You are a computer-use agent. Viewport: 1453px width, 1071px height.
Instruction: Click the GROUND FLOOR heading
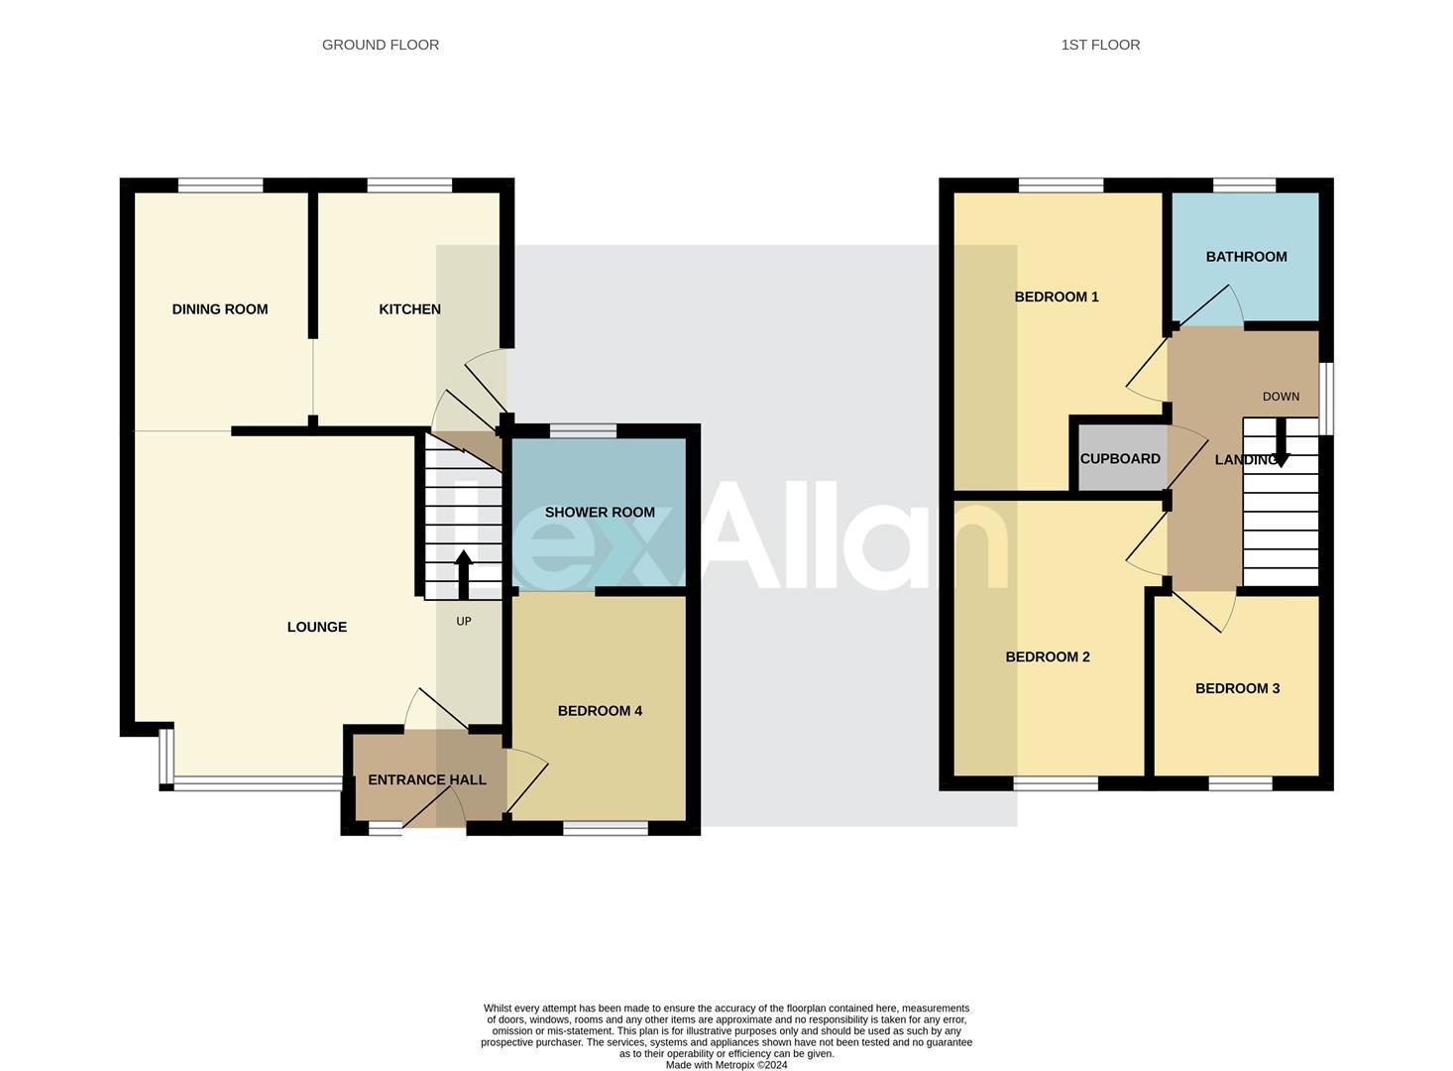click(381, 45)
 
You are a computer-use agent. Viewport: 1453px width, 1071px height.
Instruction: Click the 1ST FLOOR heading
click(1100, 45)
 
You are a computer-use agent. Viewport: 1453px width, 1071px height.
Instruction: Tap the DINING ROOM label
click(220, 309)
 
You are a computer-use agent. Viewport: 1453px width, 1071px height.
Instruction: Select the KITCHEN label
click(409, 309)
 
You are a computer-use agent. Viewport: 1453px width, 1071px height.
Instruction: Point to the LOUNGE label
click(317, 627)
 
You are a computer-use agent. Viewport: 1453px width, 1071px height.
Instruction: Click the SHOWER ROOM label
click(600, 513)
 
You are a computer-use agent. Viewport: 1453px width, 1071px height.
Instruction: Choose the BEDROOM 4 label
click(600, 711)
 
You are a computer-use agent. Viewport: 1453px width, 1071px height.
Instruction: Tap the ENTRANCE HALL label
click(427, 780)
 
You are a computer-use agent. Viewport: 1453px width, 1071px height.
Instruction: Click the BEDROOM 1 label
click(1057, 297)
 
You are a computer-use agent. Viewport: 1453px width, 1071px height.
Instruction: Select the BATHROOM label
click(1246, 257)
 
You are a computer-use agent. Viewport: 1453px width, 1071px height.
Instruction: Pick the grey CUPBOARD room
click(1120, 459)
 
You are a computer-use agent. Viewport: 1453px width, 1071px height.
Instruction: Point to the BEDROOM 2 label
click(1048, 656)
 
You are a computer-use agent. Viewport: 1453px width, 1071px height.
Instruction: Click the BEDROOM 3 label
click(1237, 688)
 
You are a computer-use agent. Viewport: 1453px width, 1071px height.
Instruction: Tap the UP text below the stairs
click(464, 622)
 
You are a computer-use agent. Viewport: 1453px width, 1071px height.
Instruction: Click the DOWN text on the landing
click(1281, 397)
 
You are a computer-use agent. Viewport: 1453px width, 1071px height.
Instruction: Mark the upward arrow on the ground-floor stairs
click(463, 574)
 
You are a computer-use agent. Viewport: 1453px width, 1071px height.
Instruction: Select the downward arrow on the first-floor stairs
click(1281, 443)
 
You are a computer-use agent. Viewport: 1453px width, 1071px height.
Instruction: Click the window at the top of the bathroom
click(1244, 185)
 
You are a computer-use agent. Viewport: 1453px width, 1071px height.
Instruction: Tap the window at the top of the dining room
click(221, 185)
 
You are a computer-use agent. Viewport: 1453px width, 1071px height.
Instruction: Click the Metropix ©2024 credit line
click(726, 1065)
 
